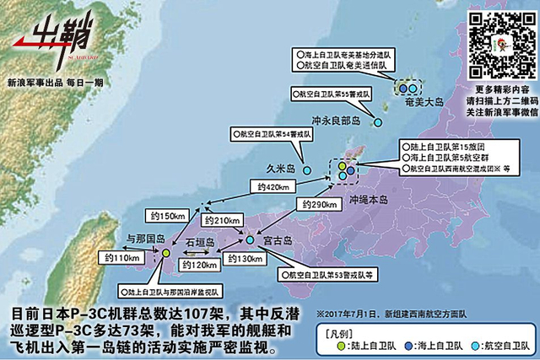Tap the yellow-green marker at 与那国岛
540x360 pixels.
click(x=166, y=252)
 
